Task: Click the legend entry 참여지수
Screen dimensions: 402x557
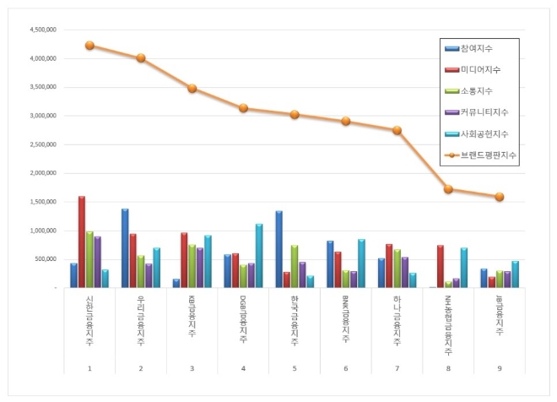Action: [x=478, y=49]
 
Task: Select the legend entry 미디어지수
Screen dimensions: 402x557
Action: [x=480, y=70]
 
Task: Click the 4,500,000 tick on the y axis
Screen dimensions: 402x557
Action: [x=42, y=30]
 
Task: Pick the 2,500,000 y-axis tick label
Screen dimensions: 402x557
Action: [x=42, y=144]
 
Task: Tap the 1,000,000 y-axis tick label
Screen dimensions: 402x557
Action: [x=42, y=231]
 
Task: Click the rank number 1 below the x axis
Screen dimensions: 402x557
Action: [x=89, y=367]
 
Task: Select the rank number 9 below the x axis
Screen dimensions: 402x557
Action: [x=500, y=367]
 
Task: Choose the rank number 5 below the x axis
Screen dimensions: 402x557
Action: [x=295, y=367]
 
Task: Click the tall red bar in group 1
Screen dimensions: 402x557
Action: [x=82, y=242]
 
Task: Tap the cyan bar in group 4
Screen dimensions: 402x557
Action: [x=260, y=256]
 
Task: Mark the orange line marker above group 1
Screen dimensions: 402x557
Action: [x=89, y=46]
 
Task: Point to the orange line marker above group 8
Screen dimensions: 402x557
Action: [x=448, y=189]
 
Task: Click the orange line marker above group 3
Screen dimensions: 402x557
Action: [x=192, y=88]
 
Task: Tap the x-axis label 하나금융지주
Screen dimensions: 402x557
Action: [x=397, y=321]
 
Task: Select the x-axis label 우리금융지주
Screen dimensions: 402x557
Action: [x=141, y=321]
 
